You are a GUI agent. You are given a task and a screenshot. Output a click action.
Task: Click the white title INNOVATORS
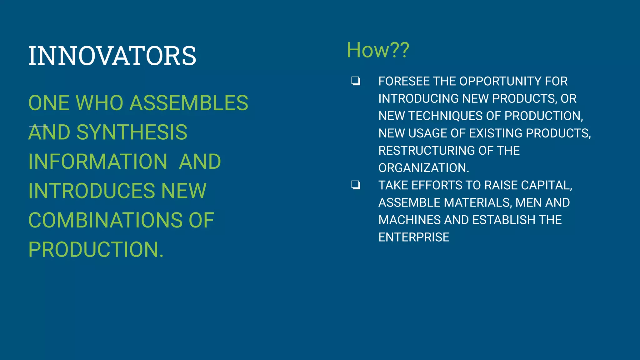coord(112,56)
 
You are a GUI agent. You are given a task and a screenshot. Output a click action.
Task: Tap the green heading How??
coord(378,50)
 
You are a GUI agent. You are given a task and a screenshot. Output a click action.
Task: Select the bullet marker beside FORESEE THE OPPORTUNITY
coord(356,81)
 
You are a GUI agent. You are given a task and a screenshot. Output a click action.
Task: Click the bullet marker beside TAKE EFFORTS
coord(356,185)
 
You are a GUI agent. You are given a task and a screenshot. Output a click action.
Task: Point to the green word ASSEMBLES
coord(189,103)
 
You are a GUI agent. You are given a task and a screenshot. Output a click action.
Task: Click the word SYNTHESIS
coord(132,132)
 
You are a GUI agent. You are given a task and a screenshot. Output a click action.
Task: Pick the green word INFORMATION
coord(98,162)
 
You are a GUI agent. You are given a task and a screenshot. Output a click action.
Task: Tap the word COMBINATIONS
coord(105,220)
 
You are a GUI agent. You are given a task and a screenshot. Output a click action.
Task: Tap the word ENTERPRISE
coord(414,237)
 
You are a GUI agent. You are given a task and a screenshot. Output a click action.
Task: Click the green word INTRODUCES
coord(91,191)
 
